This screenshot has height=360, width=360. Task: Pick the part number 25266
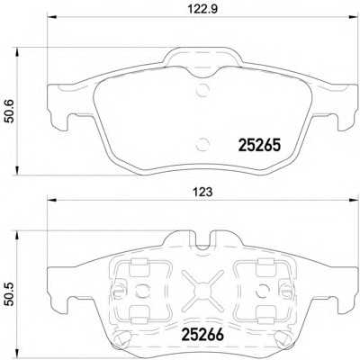coord(202,331)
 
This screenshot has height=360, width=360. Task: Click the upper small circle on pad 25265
coord(202,88)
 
